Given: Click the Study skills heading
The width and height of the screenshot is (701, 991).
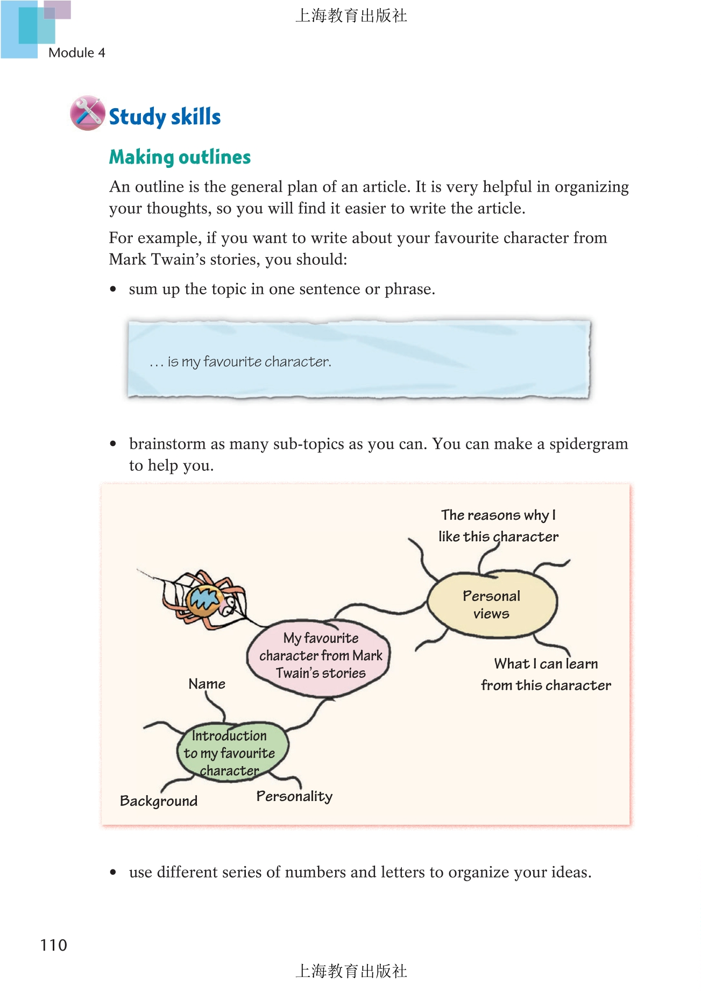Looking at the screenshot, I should pos(165,117).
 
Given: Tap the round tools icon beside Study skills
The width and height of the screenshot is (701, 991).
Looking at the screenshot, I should pos(87,114).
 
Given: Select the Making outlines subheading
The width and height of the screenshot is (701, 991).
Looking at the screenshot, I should pos(180,157).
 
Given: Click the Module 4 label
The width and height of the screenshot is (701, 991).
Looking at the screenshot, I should pos(76,53).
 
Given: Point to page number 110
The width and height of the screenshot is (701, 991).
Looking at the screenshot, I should pos(53,945).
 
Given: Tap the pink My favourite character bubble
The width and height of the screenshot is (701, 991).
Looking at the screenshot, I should pos(320,656).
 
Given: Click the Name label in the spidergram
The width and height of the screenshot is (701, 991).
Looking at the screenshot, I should pos(207,684).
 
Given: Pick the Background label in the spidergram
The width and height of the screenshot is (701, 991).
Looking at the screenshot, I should pos(159,801).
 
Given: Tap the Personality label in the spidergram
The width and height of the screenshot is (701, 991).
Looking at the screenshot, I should pos(294,796).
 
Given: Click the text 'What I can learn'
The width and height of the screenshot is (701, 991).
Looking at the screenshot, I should pos(546,664).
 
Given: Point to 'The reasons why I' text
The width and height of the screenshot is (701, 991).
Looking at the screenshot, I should pos(498,515).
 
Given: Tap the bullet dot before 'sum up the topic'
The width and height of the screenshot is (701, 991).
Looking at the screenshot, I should pos(113,289).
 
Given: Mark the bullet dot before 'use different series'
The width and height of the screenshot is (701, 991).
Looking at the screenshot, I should pos(113,872).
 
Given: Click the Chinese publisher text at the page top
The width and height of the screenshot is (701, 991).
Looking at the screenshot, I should pos(351,16).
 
